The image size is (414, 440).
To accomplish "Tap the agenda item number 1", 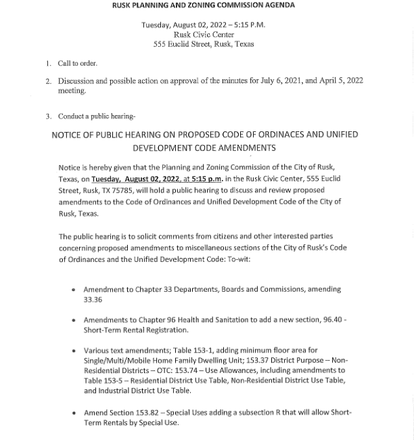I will (49, 64).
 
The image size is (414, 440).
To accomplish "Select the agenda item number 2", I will (49, 81).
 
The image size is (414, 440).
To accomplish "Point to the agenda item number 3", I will (49, 116).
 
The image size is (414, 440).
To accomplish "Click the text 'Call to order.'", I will (78, 64).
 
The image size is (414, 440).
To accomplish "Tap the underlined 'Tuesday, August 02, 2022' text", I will (135, 179).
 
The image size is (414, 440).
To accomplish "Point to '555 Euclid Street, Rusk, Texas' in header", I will (204, 44).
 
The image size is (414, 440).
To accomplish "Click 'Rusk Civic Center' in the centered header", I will (204, 35).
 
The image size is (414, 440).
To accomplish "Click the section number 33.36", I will (93, 300).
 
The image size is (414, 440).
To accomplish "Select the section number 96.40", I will (332, 320).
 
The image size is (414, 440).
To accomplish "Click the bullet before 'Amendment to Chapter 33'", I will (73, 290).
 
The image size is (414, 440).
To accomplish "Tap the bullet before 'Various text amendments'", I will (73, 351).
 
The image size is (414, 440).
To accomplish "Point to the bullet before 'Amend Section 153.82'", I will (73, 412).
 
